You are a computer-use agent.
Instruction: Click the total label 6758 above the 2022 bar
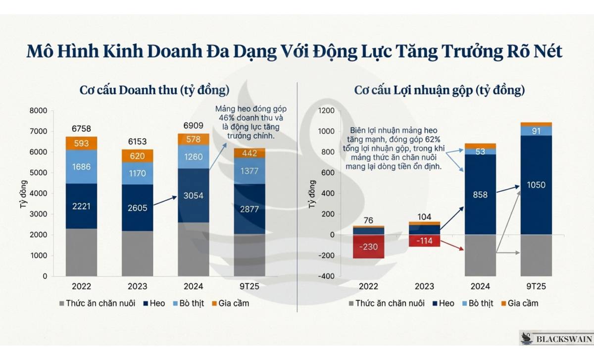(81, 129)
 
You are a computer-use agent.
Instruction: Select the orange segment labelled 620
(138, 155)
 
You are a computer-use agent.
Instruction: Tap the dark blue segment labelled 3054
(194, 196)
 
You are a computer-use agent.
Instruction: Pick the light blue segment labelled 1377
(249, 171)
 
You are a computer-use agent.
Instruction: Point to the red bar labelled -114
(424, 241)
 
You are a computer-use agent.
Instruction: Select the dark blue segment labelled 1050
(536, 185)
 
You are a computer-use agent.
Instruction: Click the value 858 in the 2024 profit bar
(480, 195)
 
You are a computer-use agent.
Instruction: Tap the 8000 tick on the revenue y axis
(38, 111)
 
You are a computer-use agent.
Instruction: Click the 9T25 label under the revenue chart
(249, 287)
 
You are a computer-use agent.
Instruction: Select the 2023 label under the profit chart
(424, 287)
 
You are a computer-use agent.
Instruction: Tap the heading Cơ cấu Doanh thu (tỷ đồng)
(154, 91)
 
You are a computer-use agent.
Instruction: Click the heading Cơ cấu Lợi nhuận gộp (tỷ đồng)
(440, 91)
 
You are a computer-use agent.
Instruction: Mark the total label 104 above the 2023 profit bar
(424, 217)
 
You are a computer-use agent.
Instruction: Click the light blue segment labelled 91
(536, 131)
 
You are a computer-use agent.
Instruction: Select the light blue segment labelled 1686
(81, 167)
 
